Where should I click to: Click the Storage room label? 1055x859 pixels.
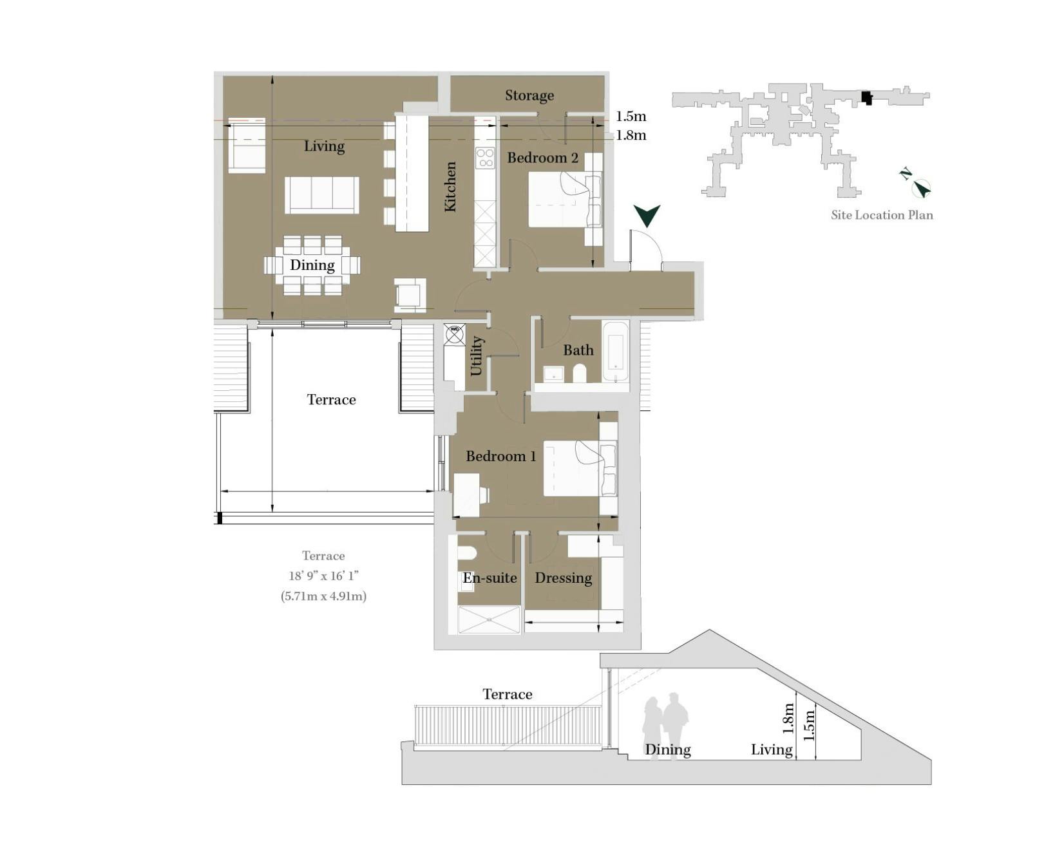tap(529, 96)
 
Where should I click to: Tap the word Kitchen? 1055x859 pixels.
tap(450, 186)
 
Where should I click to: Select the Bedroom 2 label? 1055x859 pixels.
tap(542, 158)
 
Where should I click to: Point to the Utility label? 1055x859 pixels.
tap(476, 356)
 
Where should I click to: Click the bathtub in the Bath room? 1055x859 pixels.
tap(615, 351)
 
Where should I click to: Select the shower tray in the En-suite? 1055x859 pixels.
tap(489, 619)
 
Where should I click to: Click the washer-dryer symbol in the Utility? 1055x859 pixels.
tap(454, 333)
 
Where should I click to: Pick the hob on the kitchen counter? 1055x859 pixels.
tap(484, 158)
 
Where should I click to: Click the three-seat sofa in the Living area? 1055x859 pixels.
tap(322, 194)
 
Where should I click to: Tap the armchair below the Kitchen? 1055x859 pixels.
tap(410, 295)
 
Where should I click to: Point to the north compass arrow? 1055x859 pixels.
tap(922, 188)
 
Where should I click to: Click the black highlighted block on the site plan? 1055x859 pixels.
tap(866, 98)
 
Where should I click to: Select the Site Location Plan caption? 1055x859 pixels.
tap(882, 215)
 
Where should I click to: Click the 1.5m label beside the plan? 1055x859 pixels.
tap(631, 117)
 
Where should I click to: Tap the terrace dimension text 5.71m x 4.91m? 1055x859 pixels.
tap(323, 596)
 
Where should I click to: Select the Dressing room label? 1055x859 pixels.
tap(563, 578)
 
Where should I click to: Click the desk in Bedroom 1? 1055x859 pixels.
tap(467, 495)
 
